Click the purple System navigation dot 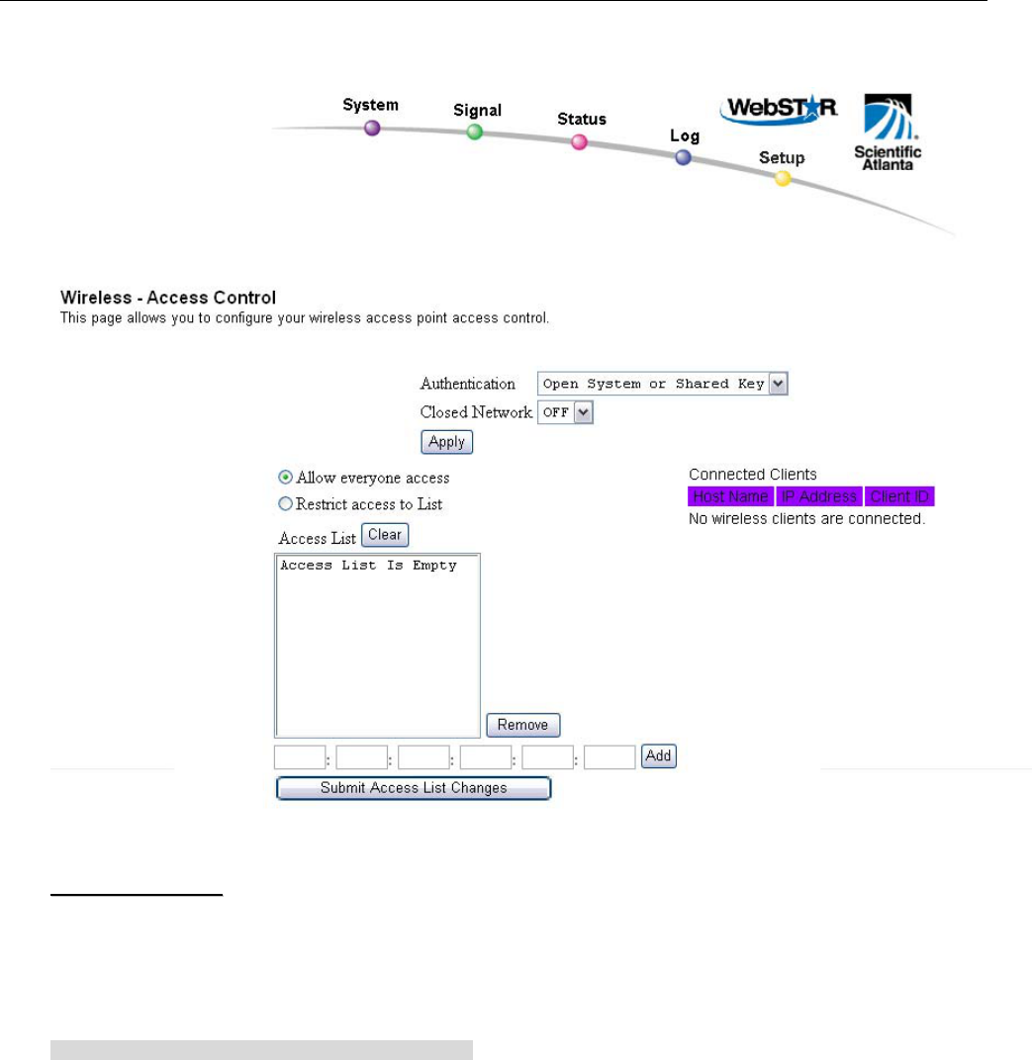click(372, 128)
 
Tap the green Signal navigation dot click(475, 132)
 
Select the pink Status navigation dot click(580, 142)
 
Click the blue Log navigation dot click(683, 157)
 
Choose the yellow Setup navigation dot click(783, 179)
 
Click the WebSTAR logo click(779, 110)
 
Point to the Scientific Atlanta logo click(888, 132)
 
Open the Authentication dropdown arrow click(779, 384)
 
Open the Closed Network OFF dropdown click(583, 412)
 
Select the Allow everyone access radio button click(286, 478)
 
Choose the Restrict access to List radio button click(286, 503)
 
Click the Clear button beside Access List click(384, 535)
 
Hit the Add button click(658, 756)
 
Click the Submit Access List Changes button click(414, 788)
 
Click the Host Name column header click(730, 496)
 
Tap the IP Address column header click(819, 496)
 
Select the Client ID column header click(900, 496)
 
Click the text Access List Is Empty click(368, 566)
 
